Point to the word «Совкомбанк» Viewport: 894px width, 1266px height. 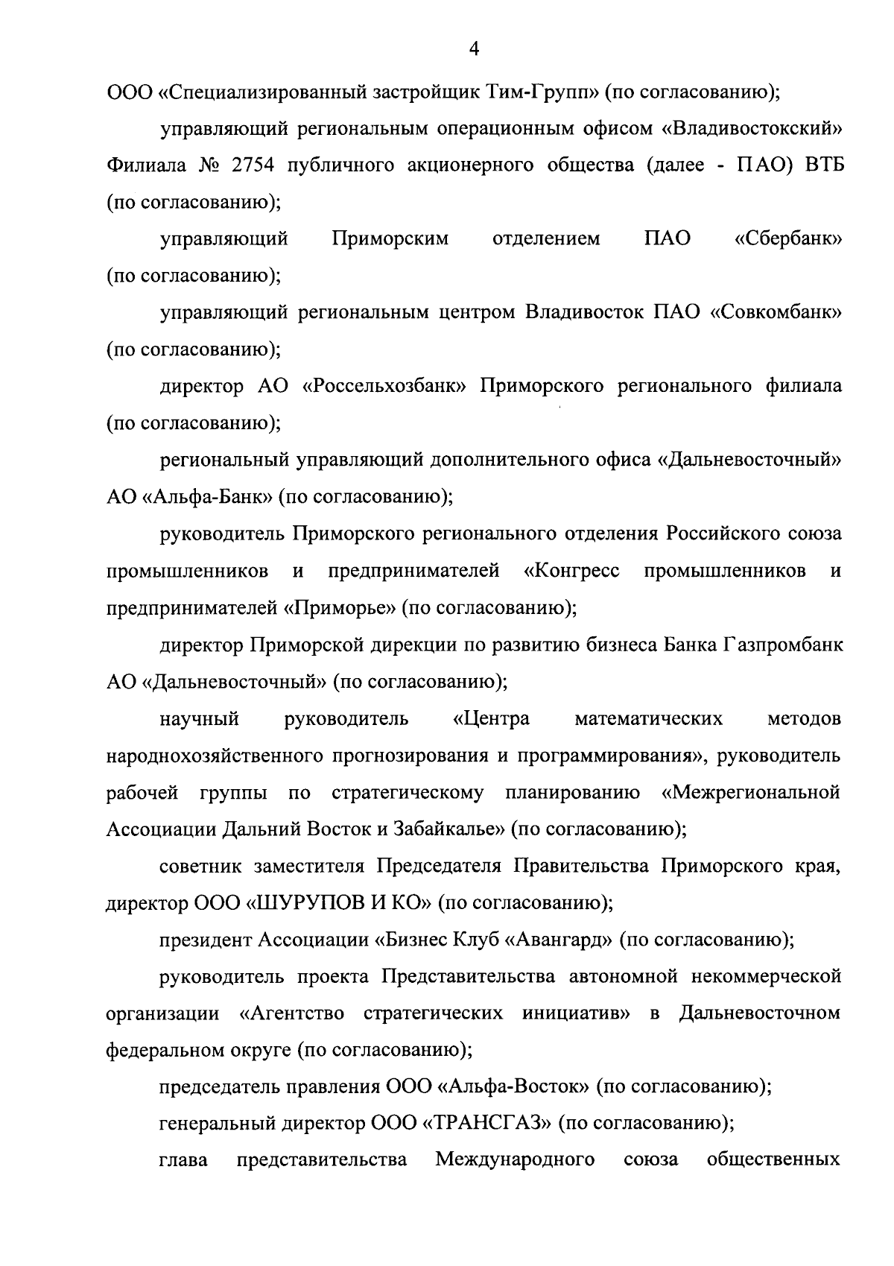tap(777, 313)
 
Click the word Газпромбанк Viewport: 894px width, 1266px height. tap(783, 645)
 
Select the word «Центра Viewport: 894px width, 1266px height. tap(491, 719)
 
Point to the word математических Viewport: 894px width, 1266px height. tap(648, 719)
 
